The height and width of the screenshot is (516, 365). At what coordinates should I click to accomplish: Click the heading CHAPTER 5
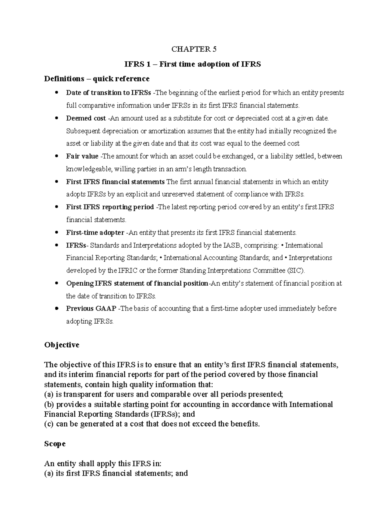coord(194,49)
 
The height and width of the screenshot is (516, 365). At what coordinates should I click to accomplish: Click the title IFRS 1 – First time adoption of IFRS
coord(193,64)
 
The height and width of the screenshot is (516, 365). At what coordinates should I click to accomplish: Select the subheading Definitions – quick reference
coord(97,79)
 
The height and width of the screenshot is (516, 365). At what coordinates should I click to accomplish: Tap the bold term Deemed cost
coord(86,118)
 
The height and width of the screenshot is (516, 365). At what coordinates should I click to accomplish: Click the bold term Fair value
coord(82,157)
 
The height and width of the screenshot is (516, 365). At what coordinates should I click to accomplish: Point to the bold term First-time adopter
coord(95,233)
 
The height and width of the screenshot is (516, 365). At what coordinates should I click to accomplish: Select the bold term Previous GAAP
coord(91,309)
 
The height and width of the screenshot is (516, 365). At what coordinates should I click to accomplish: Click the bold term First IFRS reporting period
coord(110,207)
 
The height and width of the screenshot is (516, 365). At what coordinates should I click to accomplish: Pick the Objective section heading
coord(61,345)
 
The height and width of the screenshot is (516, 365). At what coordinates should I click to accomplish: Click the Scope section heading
coord(55,444)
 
